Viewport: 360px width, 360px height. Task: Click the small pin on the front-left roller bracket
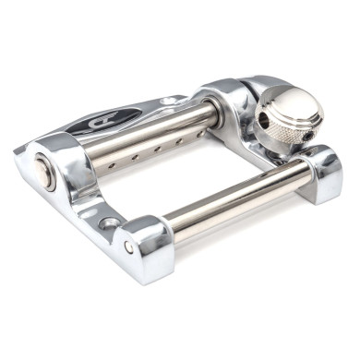click(x=128, y=247)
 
